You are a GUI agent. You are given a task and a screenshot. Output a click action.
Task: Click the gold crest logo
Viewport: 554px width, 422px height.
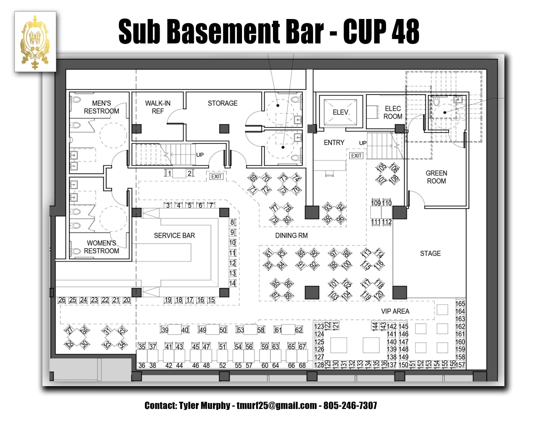(x=35, y=42)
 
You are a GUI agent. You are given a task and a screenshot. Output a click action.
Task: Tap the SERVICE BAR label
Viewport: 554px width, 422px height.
(x=174, y=236)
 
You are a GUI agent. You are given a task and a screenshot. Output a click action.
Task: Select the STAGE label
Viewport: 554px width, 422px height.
(x=430, y=254)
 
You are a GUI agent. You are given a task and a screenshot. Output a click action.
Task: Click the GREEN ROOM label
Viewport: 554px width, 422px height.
(x=436, y=177)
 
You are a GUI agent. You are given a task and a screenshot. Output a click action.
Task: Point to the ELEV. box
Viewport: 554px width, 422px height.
(x=341, y=113)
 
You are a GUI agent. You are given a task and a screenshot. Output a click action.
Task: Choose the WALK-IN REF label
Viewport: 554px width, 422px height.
(x=158, y=107)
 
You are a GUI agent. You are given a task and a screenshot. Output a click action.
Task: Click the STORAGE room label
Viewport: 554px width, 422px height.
(x=222, y=103)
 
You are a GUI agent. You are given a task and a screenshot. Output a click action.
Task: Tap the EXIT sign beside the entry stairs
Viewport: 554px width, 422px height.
(x=356, y=155)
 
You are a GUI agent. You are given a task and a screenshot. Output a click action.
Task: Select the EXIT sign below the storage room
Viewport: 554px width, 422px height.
(x=216, y=176)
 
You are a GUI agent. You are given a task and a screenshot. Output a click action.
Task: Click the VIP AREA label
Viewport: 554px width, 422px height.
(x=395, y=311)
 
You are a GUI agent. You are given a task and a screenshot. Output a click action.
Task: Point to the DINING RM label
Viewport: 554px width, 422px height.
(x=291, y=236)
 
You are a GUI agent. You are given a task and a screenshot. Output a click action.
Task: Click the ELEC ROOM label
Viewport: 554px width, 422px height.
(x=393, y=113)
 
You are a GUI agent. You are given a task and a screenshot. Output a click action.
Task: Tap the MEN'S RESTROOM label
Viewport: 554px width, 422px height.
(x=101, y=107)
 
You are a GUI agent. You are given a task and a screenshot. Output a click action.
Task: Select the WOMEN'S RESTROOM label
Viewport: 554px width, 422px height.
(x=101, y=247)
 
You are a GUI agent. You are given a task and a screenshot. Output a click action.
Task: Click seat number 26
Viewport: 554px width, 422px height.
(x=62, y=300)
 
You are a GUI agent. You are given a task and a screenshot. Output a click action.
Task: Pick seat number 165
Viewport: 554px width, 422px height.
(x=460, y=303)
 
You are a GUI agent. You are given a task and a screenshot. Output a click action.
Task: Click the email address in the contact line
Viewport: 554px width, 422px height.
(x=276, y=405)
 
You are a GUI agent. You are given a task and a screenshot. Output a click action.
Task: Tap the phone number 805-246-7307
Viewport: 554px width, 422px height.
(x=350, y=405)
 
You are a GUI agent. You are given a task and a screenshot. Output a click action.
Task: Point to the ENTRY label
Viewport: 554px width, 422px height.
(x=334, y=142)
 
